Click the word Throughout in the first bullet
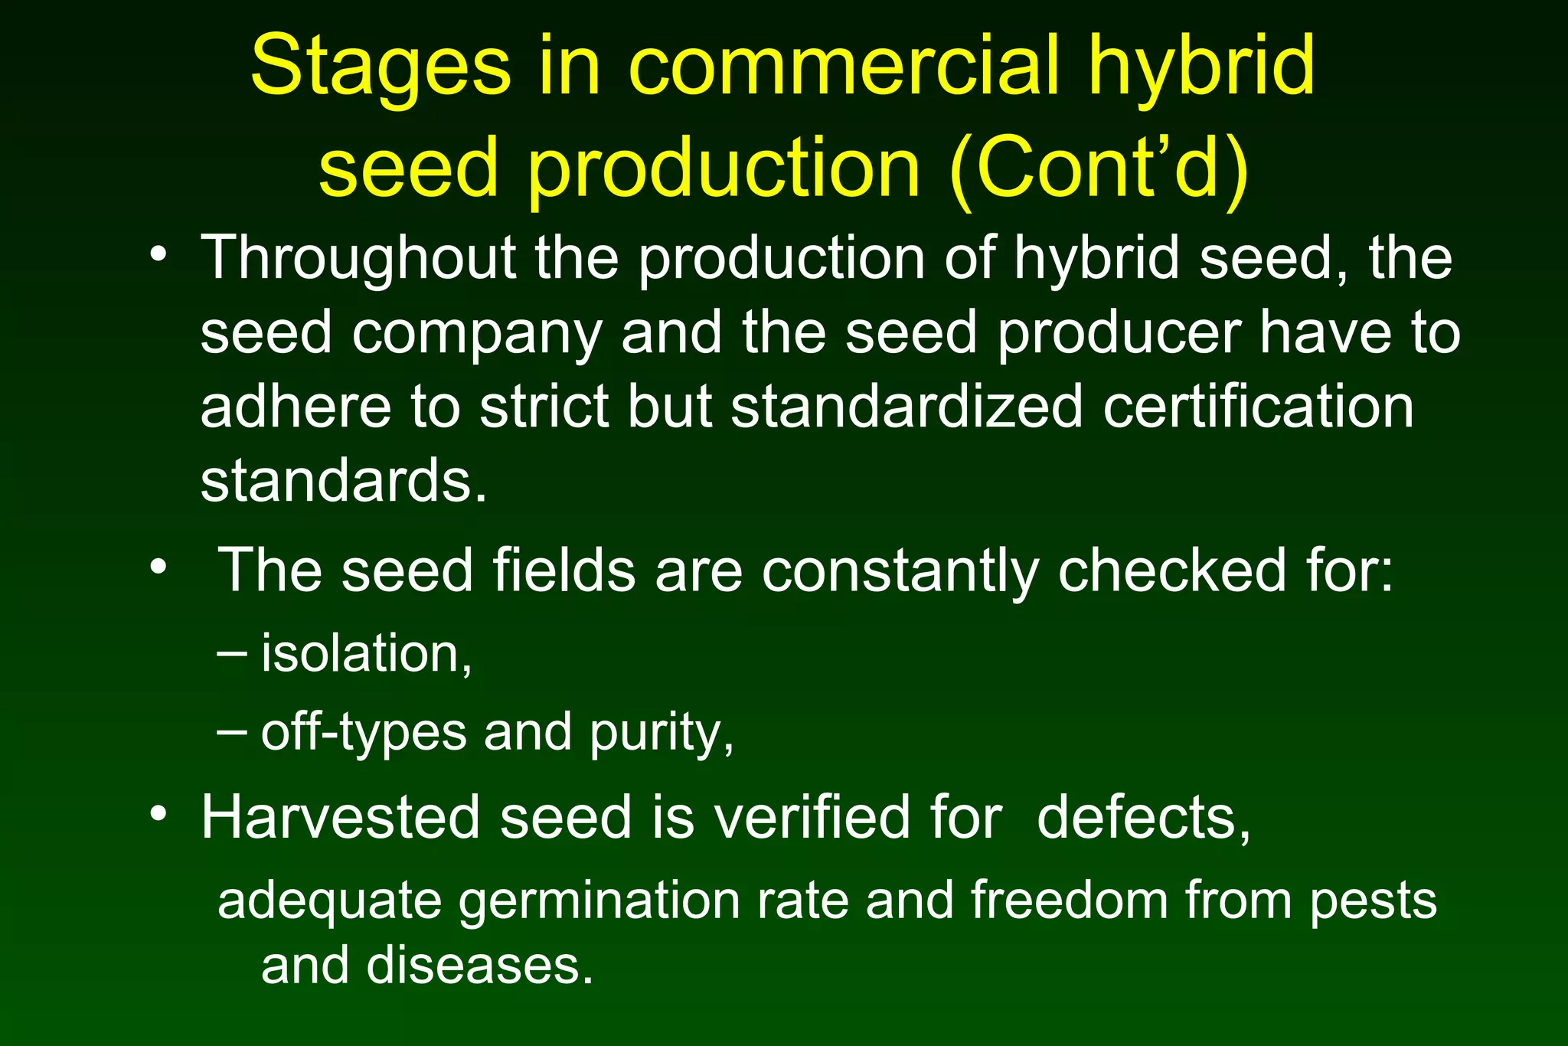358,259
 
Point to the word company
477,334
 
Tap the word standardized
906,407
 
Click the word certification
1258,407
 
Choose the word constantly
900,572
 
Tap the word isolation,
367,654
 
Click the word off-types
363,733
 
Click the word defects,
1144,818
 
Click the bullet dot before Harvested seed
158,813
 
